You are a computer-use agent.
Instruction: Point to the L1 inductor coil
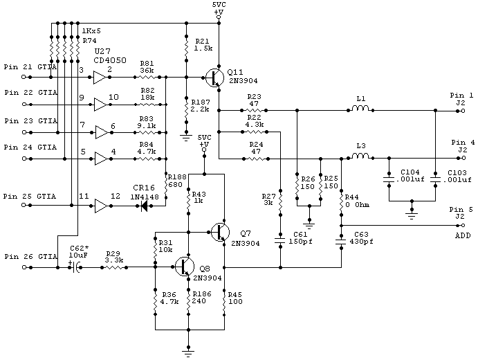(x=360, y=109)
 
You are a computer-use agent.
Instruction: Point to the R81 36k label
(x=147, y=67)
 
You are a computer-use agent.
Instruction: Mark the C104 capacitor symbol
(x=388, y=181)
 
